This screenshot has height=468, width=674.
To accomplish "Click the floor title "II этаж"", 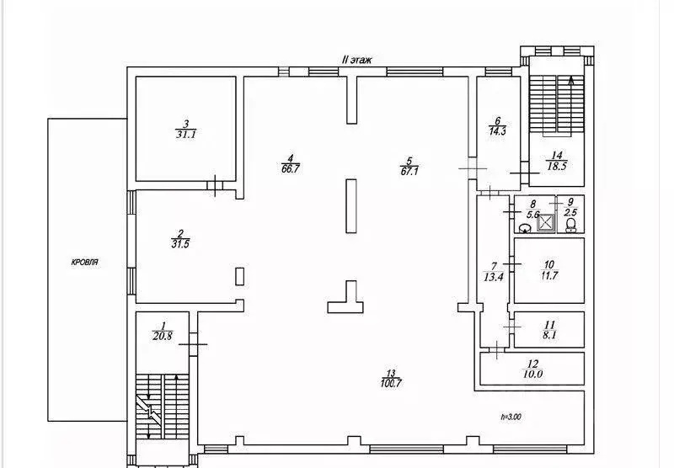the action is [x=356, y=60].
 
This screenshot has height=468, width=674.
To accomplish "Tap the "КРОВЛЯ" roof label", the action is [x=85, y=262].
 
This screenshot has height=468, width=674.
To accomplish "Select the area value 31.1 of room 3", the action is [x=185, y=135].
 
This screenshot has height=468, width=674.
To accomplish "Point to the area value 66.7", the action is [x=290, y=168].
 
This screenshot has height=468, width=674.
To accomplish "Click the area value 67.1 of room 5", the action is [x=409, y=172].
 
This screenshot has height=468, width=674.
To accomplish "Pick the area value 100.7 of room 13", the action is [x=391, y=383].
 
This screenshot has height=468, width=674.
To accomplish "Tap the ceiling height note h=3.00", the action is [x=511, y=417].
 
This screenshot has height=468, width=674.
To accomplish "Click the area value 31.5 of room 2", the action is [x=180, y=244].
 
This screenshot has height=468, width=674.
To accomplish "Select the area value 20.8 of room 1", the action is [x=162, y=336].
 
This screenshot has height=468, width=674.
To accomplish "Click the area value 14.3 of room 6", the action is [x=497, y=131].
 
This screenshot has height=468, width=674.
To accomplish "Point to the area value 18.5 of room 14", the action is [x=557, y=166].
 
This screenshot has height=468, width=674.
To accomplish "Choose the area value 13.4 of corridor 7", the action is [x=493, y=277].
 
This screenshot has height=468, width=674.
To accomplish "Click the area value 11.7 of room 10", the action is [x=549, y=275].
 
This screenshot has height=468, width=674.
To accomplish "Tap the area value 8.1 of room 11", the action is [x=549, y=335].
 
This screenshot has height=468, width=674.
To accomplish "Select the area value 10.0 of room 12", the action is [x=532, y=374].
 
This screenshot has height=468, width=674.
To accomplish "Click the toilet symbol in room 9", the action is [x=571, y=225].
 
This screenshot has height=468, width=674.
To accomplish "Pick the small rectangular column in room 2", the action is [x=240, y=276].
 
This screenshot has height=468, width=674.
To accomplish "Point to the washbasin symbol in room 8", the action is [x=525, y=228].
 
